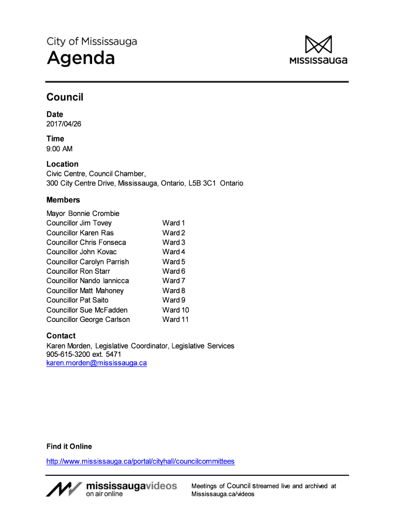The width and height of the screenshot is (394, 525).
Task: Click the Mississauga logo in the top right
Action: point(318,50)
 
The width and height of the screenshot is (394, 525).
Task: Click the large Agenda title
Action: point(81,58)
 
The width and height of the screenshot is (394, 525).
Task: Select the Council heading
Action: point(64,97)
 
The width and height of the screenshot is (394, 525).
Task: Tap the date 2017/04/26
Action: point(64,124)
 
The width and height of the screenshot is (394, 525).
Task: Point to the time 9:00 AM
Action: point(59,149)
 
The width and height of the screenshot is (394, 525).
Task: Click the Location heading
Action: point(62,164)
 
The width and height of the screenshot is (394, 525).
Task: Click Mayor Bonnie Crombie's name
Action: point(83,213)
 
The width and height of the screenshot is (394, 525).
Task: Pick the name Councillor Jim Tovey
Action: point(79,223)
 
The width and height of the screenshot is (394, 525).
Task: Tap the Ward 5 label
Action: point(173,261)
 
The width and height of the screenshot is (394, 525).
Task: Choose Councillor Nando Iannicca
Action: point(87,280)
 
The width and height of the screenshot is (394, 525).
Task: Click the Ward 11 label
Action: point(176,319)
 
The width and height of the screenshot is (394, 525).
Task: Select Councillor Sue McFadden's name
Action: point(87,310)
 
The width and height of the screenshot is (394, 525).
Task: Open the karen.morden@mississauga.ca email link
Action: point(97,363)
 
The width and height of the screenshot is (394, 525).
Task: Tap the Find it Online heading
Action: point(69,447)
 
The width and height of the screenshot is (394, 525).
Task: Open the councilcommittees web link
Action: point(140,461)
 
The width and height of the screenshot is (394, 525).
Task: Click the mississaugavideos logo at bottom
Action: point(112,489)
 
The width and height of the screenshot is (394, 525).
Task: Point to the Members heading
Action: point(63,200)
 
